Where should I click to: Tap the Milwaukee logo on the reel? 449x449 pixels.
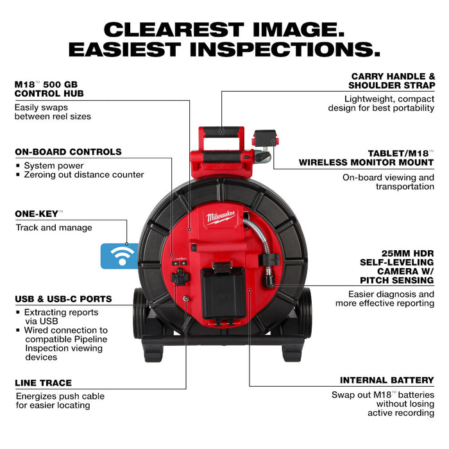(221, 218)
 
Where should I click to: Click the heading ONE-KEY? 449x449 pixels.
(37, 214)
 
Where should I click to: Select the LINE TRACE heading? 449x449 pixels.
(43, 383)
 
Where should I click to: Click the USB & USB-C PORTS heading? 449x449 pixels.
(64, 299)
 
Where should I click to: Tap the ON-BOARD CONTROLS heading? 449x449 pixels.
(68, 152)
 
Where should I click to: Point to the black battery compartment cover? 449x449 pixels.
(223, 292)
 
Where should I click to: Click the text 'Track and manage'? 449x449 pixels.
(53, 228)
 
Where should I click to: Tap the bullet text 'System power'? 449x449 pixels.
(53, 165)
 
